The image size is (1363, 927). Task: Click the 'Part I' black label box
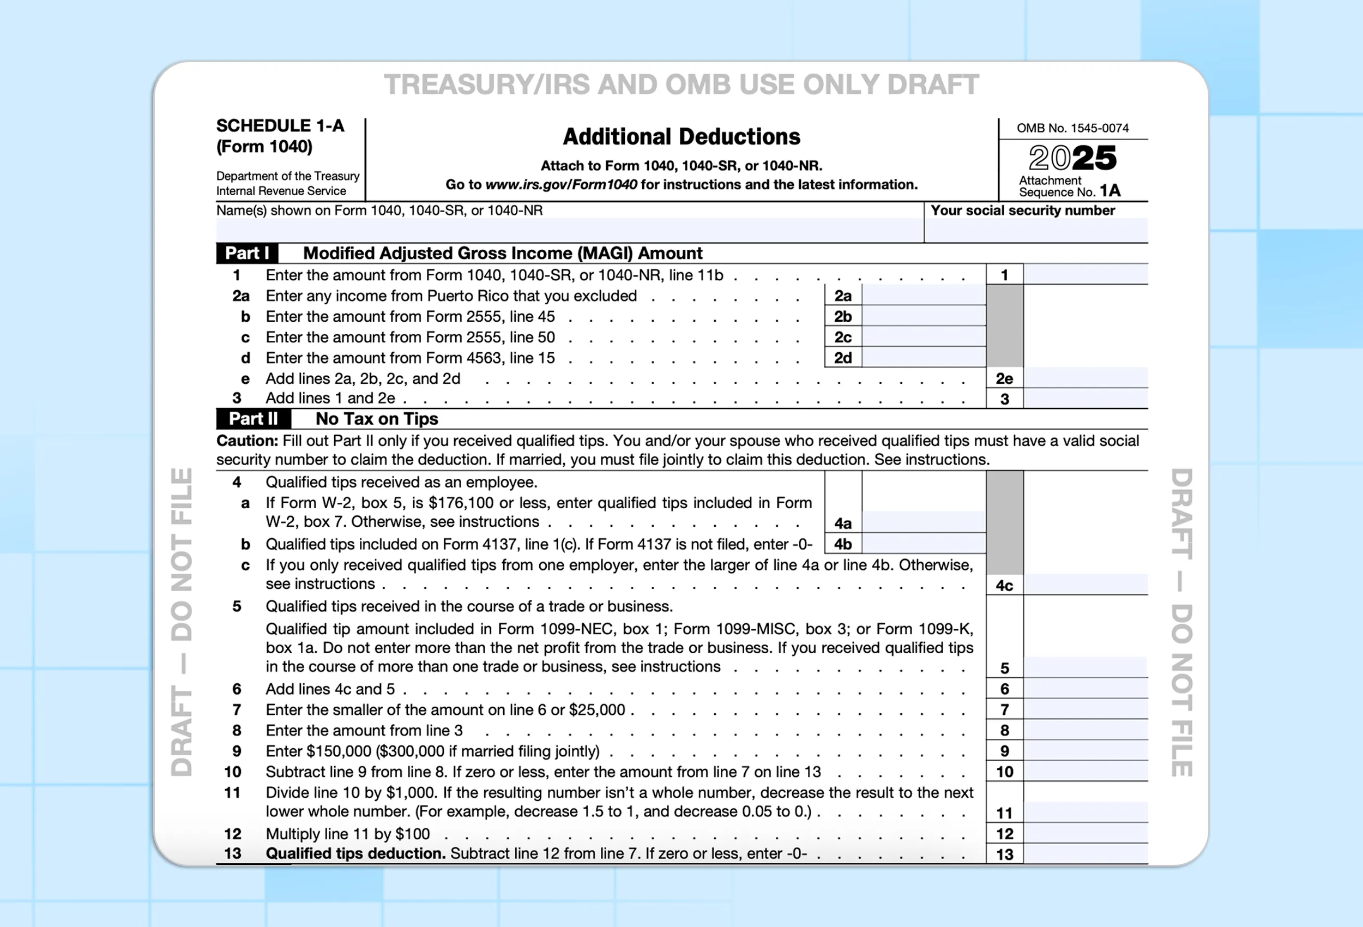[247, 253]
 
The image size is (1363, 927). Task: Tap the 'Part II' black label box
[254, 419]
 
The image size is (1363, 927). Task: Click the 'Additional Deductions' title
[681, 137]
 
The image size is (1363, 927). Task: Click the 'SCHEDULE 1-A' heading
[280, 125]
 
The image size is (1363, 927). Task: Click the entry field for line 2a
[923, 296]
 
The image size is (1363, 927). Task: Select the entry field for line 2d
[923, 358]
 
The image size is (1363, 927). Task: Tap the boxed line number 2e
[1004, 378]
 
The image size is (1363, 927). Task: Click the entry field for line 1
[1085, 275]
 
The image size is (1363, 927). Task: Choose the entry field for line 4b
[923, 544]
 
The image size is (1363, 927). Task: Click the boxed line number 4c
[1004, 586]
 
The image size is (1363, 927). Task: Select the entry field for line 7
[1085, 709]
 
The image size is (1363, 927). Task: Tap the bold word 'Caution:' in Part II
[247, 441]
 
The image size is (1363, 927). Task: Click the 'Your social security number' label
[1022, 210]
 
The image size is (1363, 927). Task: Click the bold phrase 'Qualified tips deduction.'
[355, 854]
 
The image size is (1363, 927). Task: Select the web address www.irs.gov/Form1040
[560, 185]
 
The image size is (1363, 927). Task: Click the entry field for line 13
[1085, 854]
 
